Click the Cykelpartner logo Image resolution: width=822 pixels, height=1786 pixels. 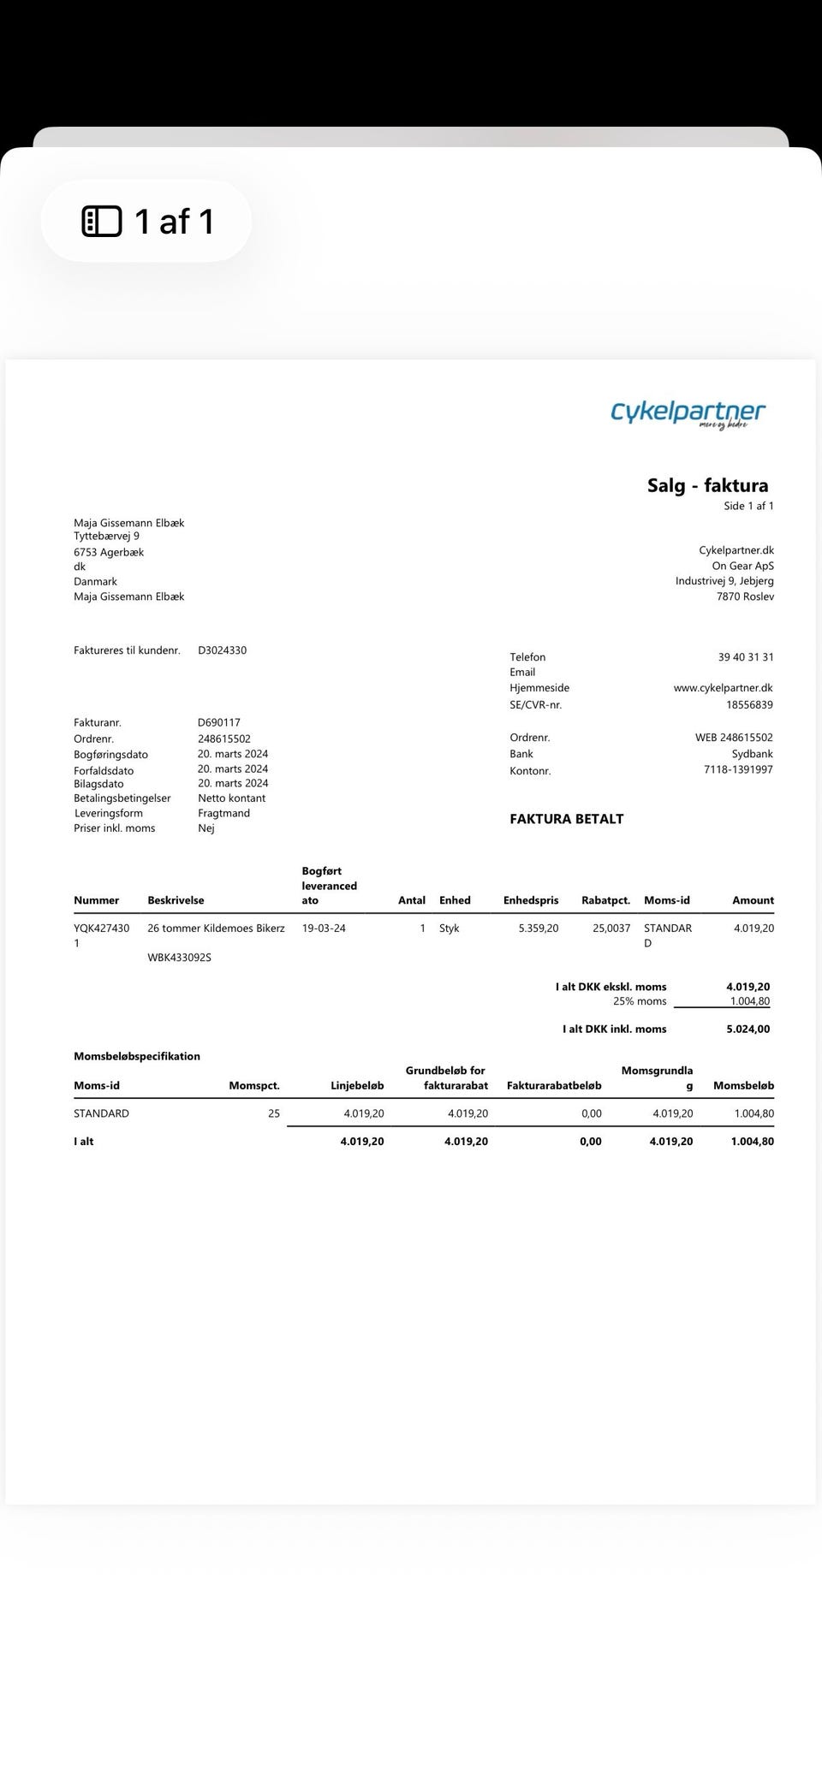(688, 413)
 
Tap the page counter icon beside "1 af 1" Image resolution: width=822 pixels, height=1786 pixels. (102, 222)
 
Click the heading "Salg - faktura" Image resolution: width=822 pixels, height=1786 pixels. (707, 486)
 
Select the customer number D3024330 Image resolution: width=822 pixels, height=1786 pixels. (222, 650)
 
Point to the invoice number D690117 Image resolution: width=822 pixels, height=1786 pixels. (218, 722)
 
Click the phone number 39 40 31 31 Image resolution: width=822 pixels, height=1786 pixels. (745, 657)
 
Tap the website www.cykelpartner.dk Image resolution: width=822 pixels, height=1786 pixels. (723, 688)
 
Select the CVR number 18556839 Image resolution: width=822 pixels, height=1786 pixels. (749, 705)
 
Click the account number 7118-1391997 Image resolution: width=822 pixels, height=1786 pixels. (738, 770)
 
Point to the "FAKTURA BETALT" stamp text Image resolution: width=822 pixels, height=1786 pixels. (566, 819)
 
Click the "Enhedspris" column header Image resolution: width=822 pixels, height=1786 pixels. (530, 900)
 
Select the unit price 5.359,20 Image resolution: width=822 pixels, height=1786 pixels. (538, 929)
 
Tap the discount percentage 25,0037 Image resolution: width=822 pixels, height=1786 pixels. (611, 929)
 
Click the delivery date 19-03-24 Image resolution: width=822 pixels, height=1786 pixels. (324, 929)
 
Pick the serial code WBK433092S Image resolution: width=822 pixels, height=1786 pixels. (179, 958)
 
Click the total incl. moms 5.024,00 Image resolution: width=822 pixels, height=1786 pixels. (748, 1029)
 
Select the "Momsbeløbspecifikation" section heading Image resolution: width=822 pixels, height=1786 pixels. (137, 1057)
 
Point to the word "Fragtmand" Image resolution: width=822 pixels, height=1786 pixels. (223, 814)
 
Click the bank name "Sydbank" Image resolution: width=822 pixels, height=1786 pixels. (752, 754)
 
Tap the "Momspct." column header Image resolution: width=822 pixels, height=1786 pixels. (254, 1086)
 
